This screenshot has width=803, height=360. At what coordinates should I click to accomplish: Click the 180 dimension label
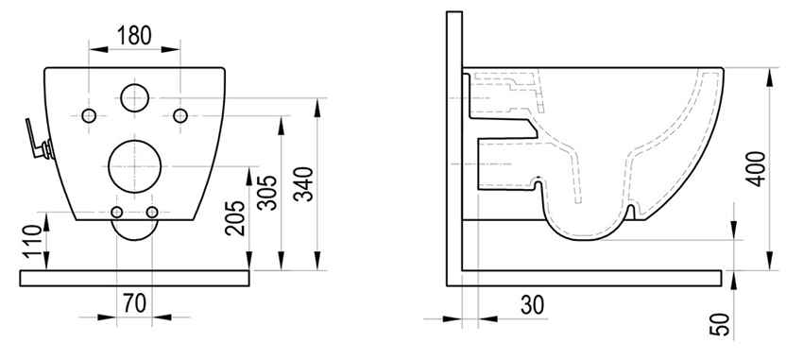click(x=135, y=35)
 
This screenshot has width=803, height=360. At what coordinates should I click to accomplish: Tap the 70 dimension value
click(x=135, y=302)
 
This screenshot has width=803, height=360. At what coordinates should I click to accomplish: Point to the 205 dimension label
click(x=235, y=218)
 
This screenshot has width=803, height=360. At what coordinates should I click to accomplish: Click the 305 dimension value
click(x=267, y=193)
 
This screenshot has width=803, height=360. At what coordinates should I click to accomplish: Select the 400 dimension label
click(x=757, y=169)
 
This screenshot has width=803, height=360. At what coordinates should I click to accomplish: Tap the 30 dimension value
click(x=533, y=305)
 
